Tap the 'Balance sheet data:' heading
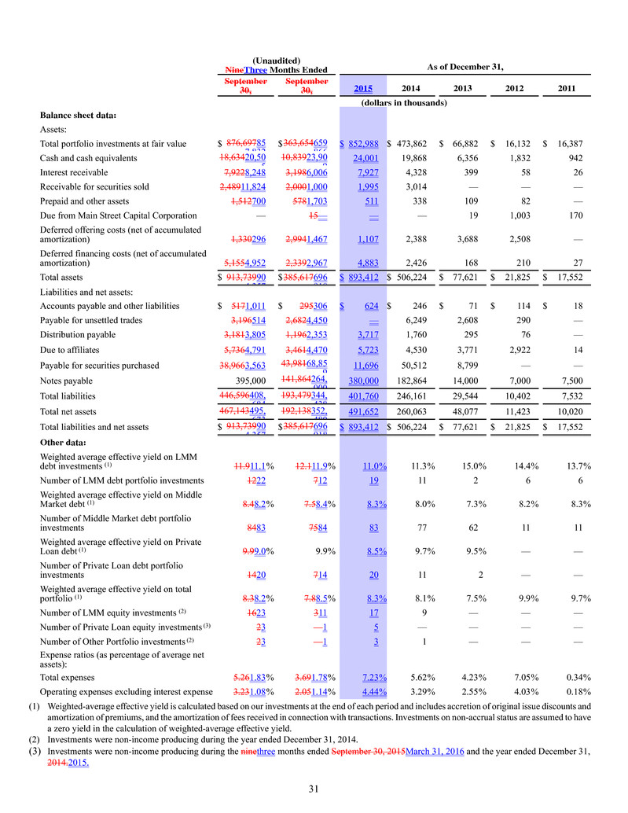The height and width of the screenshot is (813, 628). pos(78,116)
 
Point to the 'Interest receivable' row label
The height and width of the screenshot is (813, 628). pos(77,173)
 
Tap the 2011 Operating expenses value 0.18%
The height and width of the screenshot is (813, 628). pos(577,691)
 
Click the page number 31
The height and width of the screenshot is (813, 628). pos(314,789)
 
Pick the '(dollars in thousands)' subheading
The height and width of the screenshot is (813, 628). pos(403,102)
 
